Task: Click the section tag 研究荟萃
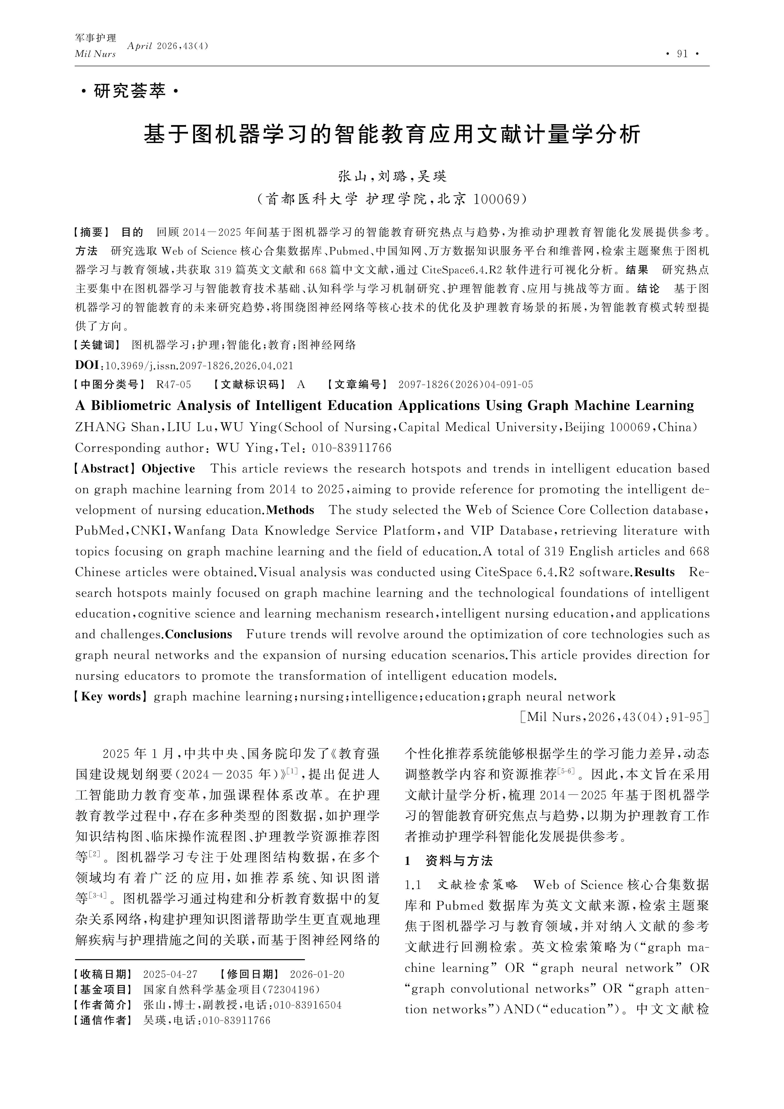129,91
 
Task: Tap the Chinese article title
392,135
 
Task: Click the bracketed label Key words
111,697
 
